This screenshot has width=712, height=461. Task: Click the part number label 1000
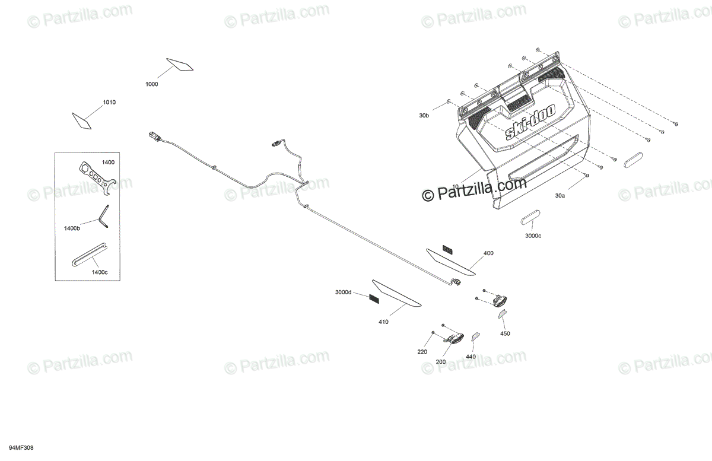tap(152, 84)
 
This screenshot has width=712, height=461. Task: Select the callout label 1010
tap(109, 103)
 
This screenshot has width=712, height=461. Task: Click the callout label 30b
tap(423, 116)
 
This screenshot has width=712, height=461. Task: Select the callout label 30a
tap(560, 195)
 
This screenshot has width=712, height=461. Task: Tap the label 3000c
tap(533, 236)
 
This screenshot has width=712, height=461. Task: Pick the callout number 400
tap(488, 253)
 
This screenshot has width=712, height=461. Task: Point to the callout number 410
tap(383, 322)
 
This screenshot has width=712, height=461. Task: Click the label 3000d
tap(343, 293)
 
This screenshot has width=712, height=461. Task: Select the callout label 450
tap(505, 333)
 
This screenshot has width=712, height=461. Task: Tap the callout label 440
tap(471, 357)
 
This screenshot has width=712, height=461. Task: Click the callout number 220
tap(422, 352)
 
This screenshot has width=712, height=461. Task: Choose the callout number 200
tap(441, 361)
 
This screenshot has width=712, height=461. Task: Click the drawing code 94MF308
tap(21, 447)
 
